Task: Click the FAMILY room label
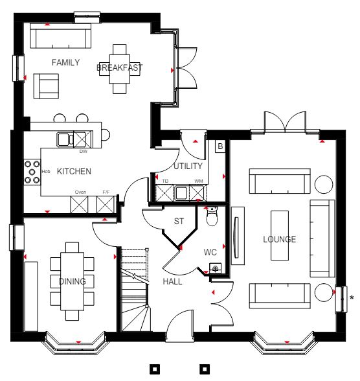tap(65, 62)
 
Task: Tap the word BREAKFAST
tap(120, 67)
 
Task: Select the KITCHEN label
tap(74, 171)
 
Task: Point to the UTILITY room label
tap(188, 166)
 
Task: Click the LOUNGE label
tap(280, 239)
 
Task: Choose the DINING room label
tap(73, 281)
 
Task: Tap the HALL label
tap(172, 281)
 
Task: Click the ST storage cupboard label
tap(179, 221)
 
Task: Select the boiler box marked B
tap(220, 146)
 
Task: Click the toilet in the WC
tap(212, 216)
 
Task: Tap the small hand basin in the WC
tap(216, 268)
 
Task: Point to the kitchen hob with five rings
tap(32, 172)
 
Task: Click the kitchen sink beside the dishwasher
tap(65, 139)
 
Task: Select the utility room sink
tap(181, 193)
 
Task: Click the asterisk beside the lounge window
tap(352, 297)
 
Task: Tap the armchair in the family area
tap(46, 86)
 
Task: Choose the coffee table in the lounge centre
tap(280, 235)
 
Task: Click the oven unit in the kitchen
tap(79, 205)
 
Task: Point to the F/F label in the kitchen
tap(106, 192)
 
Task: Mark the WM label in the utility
tap(199, 181)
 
